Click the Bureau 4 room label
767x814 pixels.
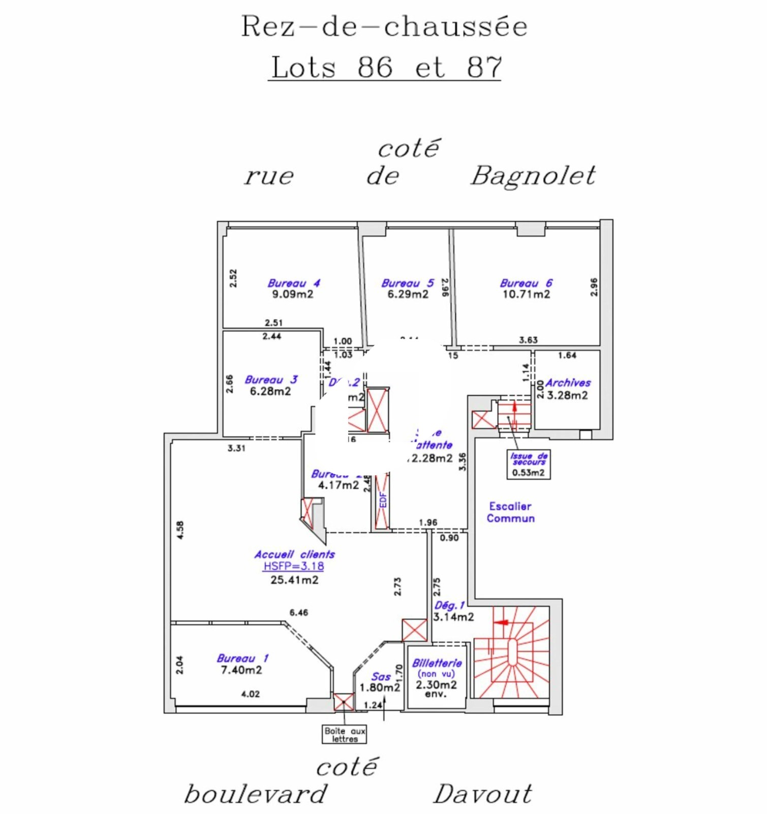click(293, 283)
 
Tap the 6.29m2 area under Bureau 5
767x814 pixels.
click(408, 294)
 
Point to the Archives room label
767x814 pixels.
click(568, 383)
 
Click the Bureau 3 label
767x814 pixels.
click(271, 380)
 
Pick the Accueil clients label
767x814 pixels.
click(294, 554)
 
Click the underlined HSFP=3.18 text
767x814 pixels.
click(293, 566)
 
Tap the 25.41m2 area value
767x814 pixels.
click(294, 580)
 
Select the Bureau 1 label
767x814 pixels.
click(242, 658)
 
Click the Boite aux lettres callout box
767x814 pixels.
click(344, 734)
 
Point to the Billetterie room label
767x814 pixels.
click(437, 663)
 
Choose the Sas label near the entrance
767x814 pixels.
click(381, 677)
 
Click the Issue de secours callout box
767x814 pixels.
click(529, 463)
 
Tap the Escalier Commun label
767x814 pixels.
click(510, 512)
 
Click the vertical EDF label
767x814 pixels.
click(383, 500)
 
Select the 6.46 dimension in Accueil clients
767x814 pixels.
click(299, 613)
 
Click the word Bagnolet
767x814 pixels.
click(533, 176)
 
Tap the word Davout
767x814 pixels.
click(482, 794)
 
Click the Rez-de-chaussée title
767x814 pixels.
click(384, 26)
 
